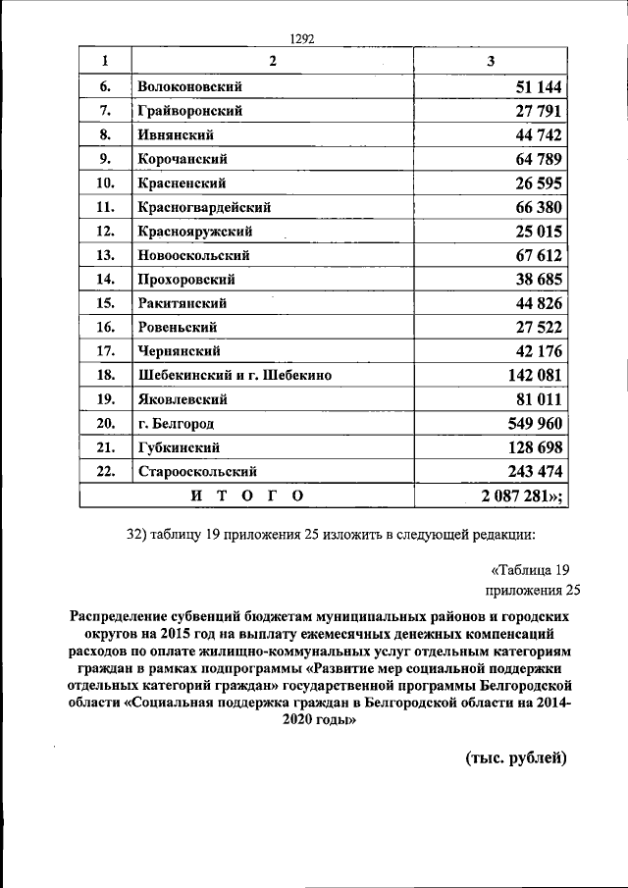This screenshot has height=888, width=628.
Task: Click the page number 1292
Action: pyautogui.click(x=302, y=39)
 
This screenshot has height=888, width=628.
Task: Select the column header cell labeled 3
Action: pyautogui.click(x=491, y=62)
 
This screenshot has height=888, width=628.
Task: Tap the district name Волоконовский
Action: pyautogui.click(x=190, y=86)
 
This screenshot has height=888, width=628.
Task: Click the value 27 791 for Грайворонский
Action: pyautogui.click(x=538, y=111)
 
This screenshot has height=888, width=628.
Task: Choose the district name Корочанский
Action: pyautogui.click(x=183, y=159)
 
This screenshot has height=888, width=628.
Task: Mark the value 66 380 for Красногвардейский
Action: pyautogui.click(x=538, y=207)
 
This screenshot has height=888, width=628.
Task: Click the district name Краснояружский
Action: pyautogui.click(x=195, y=232)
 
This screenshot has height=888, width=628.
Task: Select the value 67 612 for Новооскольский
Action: pyautogui.click(x=538, y=255)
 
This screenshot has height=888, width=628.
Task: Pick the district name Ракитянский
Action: pyautogui.click(x=183, y=303)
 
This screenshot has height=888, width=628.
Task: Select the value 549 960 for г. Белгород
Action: pyautogui.click(x=534, y=424)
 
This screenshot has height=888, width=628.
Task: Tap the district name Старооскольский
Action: pyautogui.click(x=204, y=472)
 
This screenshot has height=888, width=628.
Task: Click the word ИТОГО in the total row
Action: pyautogui.click(x=246, y=496)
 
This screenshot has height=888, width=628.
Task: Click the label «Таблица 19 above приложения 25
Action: pyautogui.click(x=529, y=570)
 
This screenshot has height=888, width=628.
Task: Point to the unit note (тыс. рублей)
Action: pyautogui.click(x=516, y=757)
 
